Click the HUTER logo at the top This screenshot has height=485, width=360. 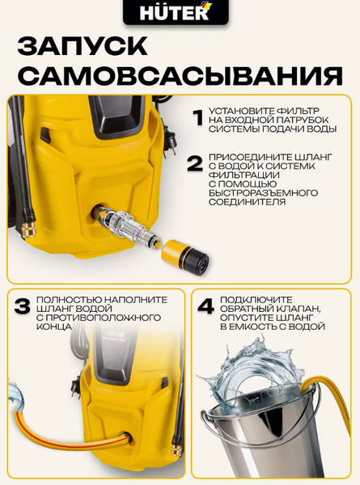pos(180,13)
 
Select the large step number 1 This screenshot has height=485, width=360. pos(197,117)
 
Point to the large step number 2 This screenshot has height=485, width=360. pos(194,163)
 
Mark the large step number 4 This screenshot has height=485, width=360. pos(205,307)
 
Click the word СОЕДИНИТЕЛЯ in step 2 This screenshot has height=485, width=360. pos(248,204)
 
